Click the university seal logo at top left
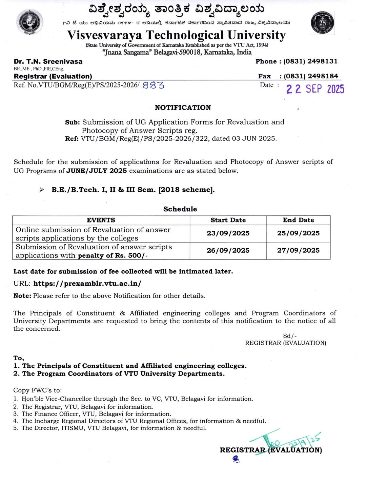pos(30,22)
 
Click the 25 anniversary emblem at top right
pos(322,23)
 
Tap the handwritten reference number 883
pos(153,85)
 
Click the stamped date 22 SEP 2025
pos(315,89)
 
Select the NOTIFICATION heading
pos(183,108)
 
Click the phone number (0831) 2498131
pos(310,61)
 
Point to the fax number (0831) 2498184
pos(311,76)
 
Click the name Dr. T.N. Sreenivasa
pos(48,61)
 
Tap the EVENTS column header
pos(101,220)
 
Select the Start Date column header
pos(228,220)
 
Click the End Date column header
pos(298,220)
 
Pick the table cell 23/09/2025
pos(228,233)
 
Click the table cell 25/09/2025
pos(298,233)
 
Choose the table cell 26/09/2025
pos(228,251)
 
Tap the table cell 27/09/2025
pos(298,251)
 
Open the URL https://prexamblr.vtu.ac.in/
pos(87,284)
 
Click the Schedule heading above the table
pos(180,209)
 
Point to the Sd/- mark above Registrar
pos(290,336)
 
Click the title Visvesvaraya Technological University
pos(177,35)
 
